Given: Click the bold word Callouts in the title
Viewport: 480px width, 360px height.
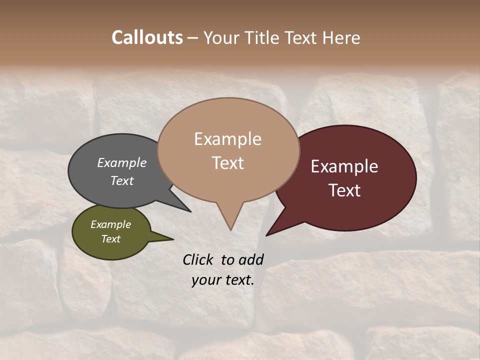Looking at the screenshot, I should [x=147, y=37].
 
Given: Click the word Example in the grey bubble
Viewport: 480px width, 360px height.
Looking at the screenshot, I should [x=121, y=162].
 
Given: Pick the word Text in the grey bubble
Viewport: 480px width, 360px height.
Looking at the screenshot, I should [x=121, y=180].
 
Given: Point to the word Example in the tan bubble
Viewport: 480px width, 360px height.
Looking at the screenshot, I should [x=227, y=139].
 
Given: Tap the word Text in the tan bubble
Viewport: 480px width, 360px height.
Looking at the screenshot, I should [x=227, y=163].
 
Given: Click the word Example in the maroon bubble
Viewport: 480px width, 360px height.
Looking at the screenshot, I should [x=344, y=166].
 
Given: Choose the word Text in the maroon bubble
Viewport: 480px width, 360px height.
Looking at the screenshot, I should [x=344, y=190].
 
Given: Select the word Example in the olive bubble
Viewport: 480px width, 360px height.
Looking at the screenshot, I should [x=110, y=224].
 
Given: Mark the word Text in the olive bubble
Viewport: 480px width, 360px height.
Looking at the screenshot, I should [x=110, y=239].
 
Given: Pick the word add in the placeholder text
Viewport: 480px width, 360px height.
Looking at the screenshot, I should [x=251, y=259].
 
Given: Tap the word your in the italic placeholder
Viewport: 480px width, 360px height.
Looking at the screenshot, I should [x=205, y=280].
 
